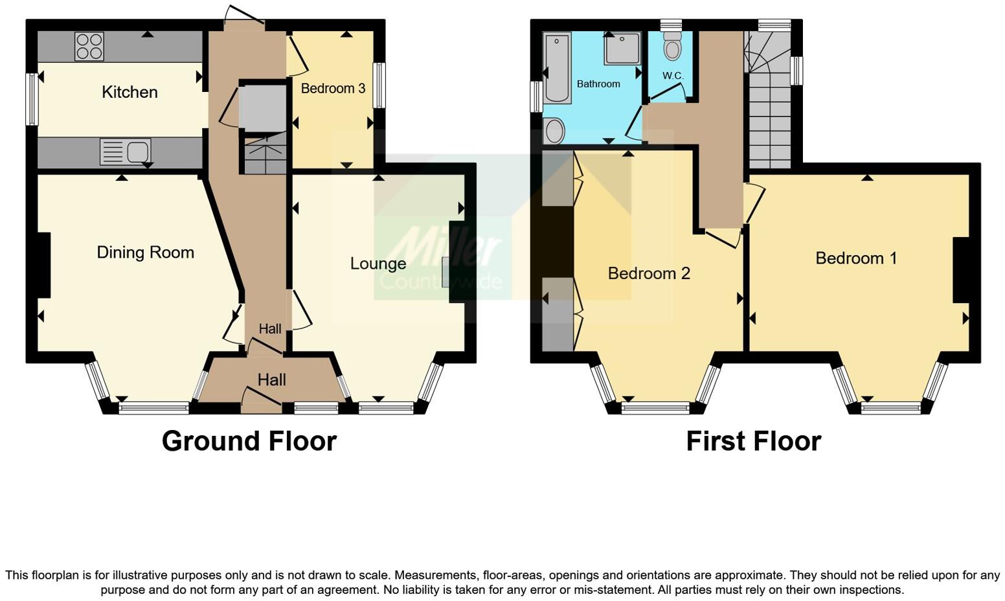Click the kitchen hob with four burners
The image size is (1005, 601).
pos(89,46)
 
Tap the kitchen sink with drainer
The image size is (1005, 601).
pos(125,152)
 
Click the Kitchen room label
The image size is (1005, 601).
pos(130,92)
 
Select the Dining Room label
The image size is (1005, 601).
pos(145,253)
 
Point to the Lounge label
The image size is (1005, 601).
pos(378,264)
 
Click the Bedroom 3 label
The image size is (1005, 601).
pos(333,89)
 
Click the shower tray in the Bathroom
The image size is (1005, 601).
pos(622,49)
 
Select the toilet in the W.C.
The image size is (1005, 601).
pos(673,47)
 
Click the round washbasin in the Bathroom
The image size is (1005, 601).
pos(554,131)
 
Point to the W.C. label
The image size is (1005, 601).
pos(673,76)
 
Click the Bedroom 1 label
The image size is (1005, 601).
pos(856,258)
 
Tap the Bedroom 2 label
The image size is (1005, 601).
pos(649,273)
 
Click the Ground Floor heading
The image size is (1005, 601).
pos(249,441)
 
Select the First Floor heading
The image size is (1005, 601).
pos(753,441)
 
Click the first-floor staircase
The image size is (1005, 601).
pos(770,104)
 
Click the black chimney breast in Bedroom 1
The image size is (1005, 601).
pos(960,270)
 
